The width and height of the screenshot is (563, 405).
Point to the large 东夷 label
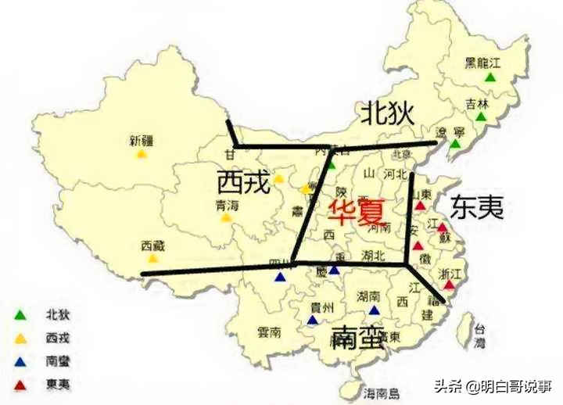tap(476, 206)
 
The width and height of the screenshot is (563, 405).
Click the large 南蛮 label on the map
tap(357, 337)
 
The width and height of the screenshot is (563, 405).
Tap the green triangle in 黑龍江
tap(490, 77)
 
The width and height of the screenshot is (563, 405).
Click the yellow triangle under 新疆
tap(142, 154)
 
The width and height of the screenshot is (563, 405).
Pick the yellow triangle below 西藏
tap(154, 258)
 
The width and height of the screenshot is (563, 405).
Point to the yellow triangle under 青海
tap(225, 217)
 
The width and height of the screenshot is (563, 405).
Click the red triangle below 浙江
tap(449, 285)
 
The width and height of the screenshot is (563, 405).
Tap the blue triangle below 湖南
tap(374, 310)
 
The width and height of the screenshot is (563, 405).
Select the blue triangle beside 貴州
tap(313, 319)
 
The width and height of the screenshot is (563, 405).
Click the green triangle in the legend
tap(20, 316)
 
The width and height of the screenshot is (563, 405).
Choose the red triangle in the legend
tap(20, 384)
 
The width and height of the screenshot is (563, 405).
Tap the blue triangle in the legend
tap(20, 361)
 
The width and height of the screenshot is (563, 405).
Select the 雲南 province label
tap(269, 332)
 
